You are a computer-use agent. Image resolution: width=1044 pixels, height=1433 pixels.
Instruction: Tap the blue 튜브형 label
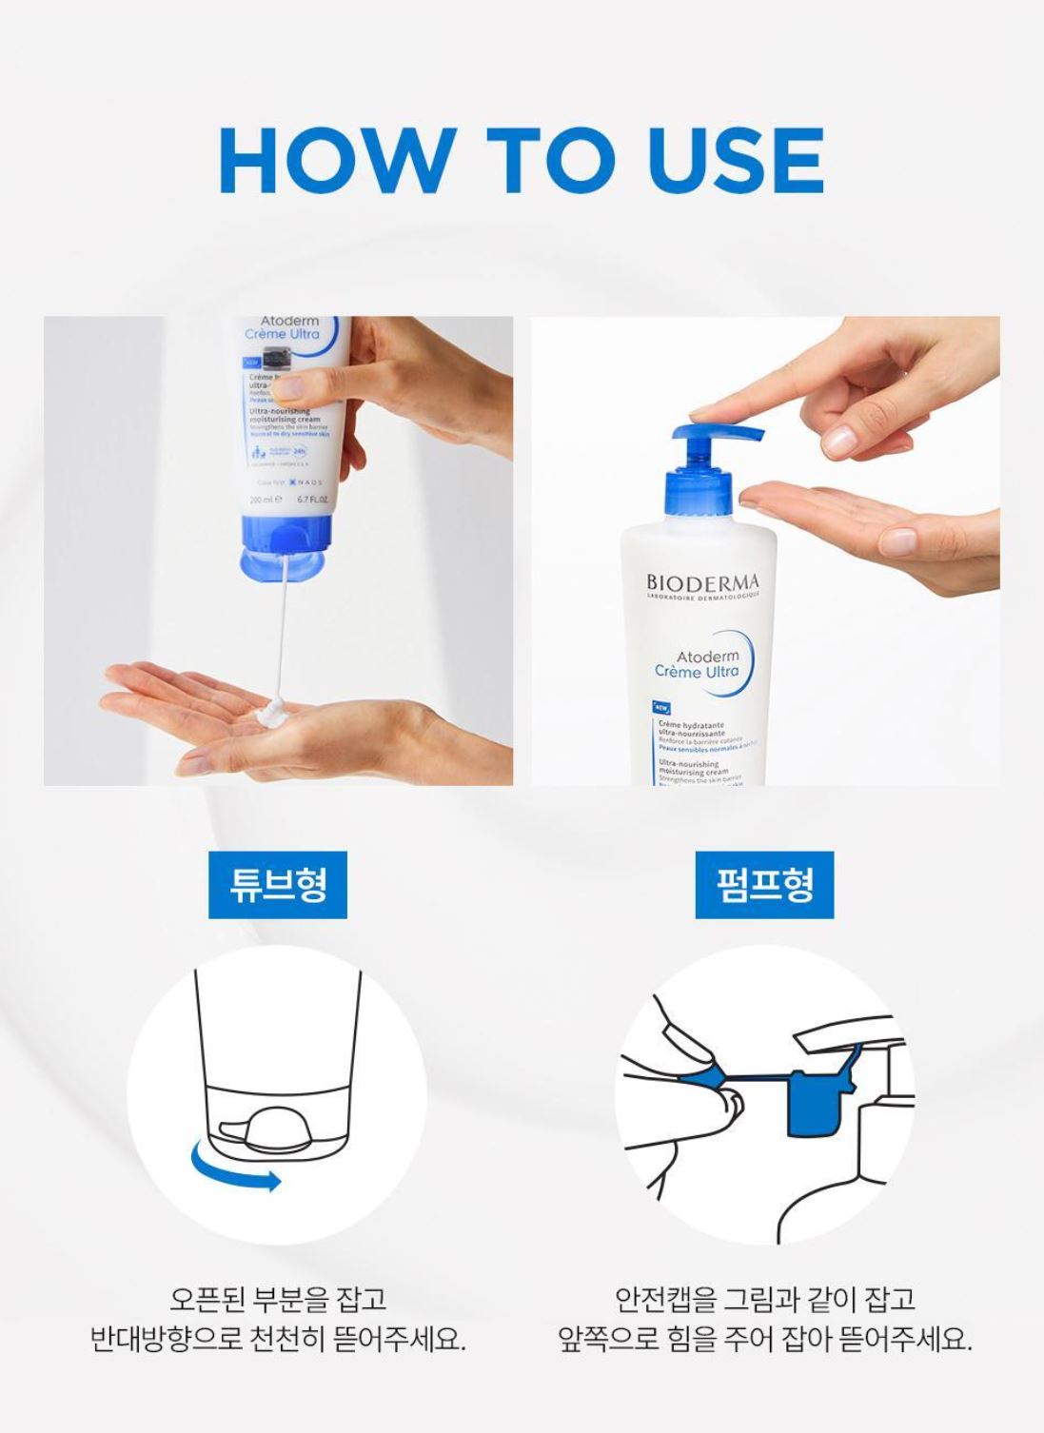point(278,885)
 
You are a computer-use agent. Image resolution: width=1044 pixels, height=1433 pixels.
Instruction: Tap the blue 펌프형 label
point(764,885)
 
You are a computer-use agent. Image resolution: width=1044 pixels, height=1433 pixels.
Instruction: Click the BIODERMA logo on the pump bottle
point(703,581)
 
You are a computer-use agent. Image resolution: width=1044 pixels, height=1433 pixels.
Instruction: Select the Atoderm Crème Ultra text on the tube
point(282,328)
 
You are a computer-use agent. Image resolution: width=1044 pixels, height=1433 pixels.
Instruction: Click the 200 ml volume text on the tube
point(263,499)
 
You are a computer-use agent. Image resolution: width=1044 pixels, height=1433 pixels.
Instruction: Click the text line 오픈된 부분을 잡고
point(278,1298)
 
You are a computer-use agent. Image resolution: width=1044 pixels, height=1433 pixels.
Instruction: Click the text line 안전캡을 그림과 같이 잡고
point(764,1298)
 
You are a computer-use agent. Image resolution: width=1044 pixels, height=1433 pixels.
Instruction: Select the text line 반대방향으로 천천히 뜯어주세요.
point(278,1341)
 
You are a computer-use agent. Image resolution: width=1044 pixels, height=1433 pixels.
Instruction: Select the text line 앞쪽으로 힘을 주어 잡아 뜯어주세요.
point(764,1341)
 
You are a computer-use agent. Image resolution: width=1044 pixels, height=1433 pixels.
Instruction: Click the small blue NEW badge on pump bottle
point(663,707)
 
